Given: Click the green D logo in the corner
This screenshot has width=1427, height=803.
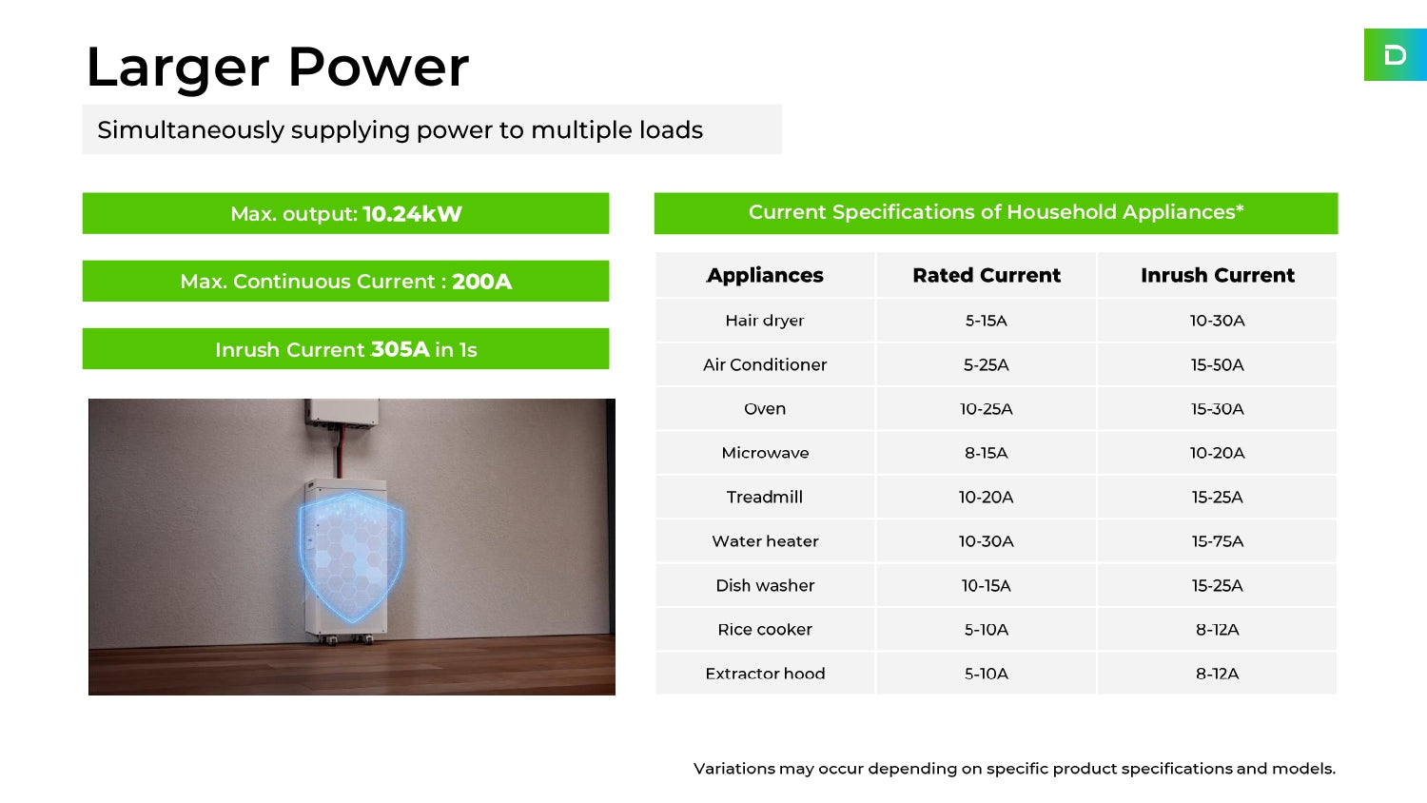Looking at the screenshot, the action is click(1396, 55).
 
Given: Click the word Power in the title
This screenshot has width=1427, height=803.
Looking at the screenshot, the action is click(379, 67).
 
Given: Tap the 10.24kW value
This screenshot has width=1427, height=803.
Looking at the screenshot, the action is click(412, 213).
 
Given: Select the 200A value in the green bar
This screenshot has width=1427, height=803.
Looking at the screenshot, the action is click(481, 281).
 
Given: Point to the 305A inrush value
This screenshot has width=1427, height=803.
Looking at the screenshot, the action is click(401, 349).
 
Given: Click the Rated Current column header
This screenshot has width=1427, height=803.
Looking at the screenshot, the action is click(987, 275).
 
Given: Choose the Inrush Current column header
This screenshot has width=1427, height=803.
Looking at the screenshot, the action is click(1218, 275).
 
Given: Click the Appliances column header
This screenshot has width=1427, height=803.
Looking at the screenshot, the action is click(765, 275).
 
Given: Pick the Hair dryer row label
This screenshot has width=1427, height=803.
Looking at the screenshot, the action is click(765, 321).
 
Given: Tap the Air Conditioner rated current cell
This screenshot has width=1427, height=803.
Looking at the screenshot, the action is click(986, 364).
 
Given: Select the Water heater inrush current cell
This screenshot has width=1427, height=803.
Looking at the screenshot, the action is click(1218, 541).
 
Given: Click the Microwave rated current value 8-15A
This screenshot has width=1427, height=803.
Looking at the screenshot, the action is click(986, 453).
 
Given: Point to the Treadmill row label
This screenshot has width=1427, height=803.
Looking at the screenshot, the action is click(765, 497).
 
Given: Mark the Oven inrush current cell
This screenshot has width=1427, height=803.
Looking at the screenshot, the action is click(1218, 409).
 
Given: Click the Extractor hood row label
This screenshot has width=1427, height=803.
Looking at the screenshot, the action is click(765, 674).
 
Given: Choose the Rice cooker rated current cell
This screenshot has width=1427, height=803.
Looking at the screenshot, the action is click(986, 630).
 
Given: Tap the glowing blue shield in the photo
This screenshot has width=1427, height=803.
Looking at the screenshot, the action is click(350, 557).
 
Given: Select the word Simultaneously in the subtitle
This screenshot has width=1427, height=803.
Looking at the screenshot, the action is click(191, 130).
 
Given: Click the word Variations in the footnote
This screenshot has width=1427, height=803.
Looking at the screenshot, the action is click(733, 769).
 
